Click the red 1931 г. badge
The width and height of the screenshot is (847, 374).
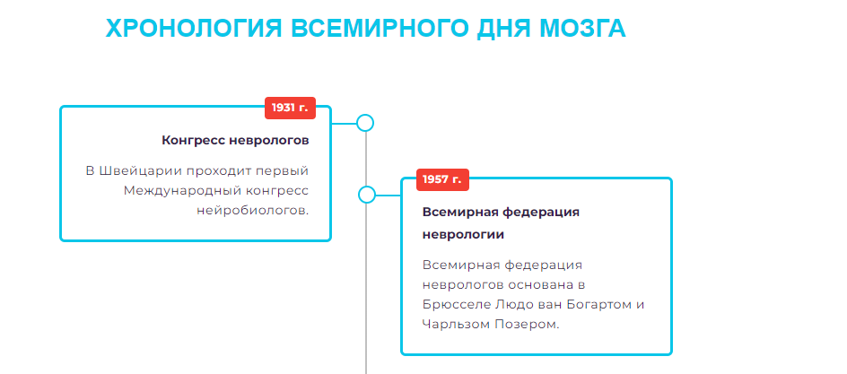click(x=290, y=108)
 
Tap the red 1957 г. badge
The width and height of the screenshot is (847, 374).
click(x=442, y=179)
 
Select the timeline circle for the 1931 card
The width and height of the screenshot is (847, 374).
click(x=365, y=123)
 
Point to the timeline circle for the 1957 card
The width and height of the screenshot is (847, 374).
click(x=366, y=195)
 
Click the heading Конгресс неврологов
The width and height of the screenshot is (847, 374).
click(x=235, y=140)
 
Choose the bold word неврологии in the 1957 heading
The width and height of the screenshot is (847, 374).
click(x=463, y=234)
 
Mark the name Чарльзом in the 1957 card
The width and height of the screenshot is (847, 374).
click(x=457, y=324)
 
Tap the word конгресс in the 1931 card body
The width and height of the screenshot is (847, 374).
click(x=275, y=190)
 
